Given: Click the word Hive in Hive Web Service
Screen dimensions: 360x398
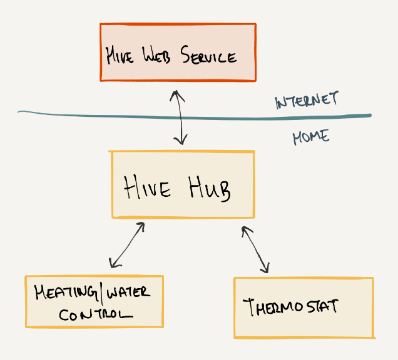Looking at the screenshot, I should pos(121,56).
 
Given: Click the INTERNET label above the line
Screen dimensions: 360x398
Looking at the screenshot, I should pos(307,101).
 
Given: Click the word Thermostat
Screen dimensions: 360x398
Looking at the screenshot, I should pos(290,306).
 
